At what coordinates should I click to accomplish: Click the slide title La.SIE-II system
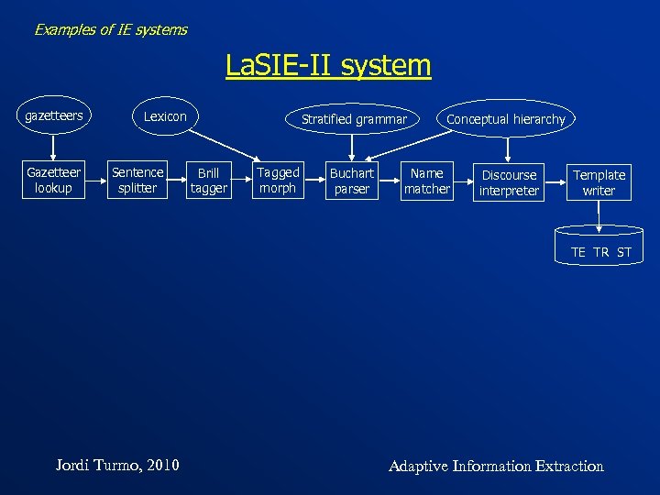tap(328, 65)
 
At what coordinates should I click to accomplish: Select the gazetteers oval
tap(53, 116)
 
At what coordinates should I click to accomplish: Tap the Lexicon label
tap(165, 116)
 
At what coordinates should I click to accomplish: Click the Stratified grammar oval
tap(354, 119)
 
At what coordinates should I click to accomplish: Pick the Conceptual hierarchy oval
tap(505, 119)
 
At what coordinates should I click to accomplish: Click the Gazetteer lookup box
tap(53, 180)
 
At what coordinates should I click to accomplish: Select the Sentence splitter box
tap(137, 180)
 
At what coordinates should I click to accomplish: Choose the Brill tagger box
tap(208, 181)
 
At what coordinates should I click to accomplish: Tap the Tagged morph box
tap(278, 180)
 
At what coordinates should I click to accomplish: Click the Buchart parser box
tap(352, 181)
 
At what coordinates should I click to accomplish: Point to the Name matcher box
tap(427, 181)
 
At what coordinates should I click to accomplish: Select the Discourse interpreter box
tap(509, 182)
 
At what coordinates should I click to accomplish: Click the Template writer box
tap(599, 182)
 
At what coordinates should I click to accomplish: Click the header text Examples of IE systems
tap(110, 29)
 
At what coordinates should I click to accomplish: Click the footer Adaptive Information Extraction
tap(496, 466)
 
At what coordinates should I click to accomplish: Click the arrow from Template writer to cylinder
tap(599, 214)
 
